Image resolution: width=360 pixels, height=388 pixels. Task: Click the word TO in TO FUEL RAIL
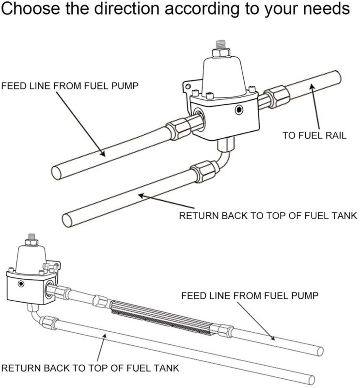point(289,136)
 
